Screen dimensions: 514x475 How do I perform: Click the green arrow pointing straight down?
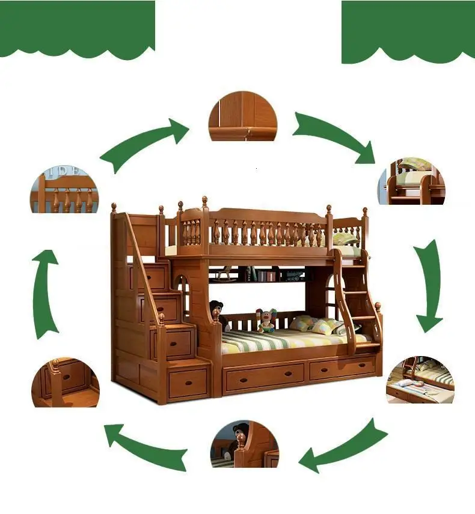click(x=430, y=285)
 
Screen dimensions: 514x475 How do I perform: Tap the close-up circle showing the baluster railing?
click(x=64, y=189)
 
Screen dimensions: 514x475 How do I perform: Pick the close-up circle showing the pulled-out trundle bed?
click(x=420, y=379)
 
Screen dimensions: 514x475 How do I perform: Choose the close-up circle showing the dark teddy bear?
click(x=245, y=444)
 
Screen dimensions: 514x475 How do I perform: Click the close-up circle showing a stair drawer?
click(x=65, y=382)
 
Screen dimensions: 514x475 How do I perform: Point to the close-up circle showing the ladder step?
click(x=412, y=181)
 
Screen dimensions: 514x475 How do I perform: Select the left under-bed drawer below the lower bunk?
click(x=264, y=376)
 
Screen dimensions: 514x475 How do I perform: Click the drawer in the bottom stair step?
click(x=188, y=383)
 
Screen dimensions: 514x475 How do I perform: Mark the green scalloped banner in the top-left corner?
click(x=77, y=27)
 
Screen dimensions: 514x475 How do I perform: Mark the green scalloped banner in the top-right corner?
click(x=408, y=30)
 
